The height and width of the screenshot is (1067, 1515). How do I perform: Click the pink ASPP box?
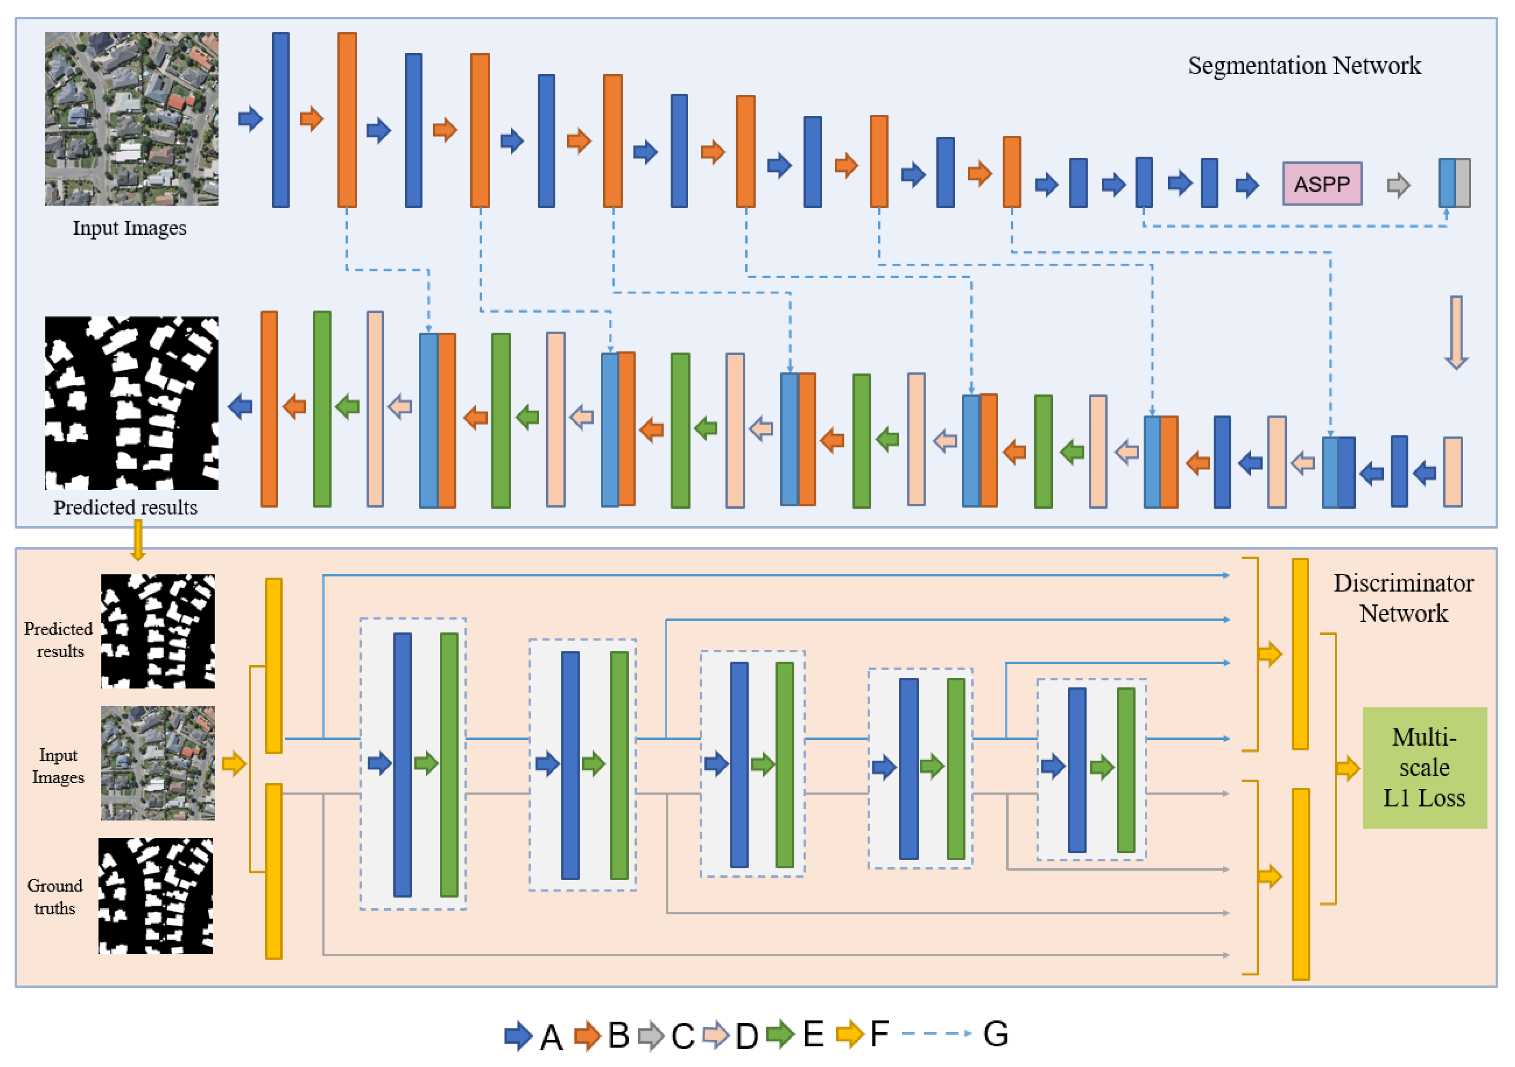coord(1322,184)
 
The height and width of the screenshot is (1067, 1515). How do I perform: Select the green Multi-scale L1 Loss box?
coord(1424,767)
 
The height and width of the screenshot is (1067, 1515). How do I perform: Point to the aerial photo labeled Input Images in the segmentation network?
coord(131,119)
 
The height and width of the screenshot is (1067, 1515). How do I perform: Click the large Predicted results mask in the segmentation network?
coord(131,403)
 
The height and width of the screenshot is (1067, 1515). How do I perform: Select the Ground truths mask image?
coord(156,896)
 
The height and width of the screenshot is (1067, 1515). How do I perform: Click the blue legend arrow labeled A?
coord(518,1035)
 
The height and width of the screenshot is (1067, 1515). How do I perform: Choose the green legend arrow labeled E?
coord(780,1034)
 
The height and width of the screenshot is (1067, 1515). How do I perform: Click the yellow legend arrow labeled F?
coord(849,1034)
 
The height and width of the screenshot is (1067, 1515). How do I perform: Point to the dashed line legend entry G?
coord(936,1033)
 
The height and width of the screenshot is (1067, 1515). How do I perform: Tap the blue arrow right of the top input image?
coord(250,119)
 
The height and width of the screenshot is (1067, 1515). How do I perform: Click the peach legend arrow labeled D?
coord(716,1035)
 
